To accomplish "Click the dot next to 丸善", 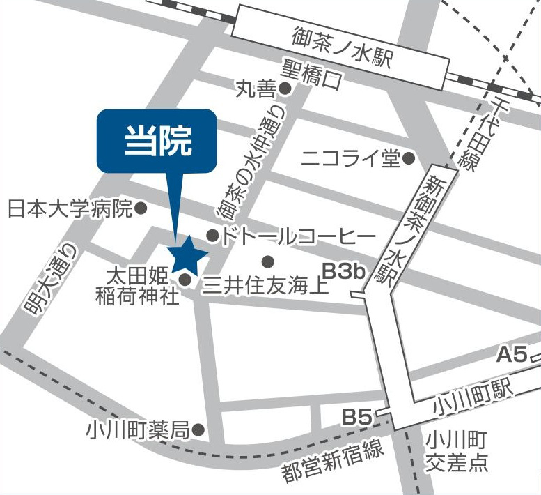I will [285, 89].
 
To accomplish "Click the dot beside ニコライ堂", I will [409, 159].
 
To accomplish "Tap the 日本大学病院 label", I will [70, 208].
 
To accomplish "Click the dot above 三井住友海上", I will [267, 262].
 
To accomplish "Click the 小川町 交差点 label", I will [457, 451].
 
